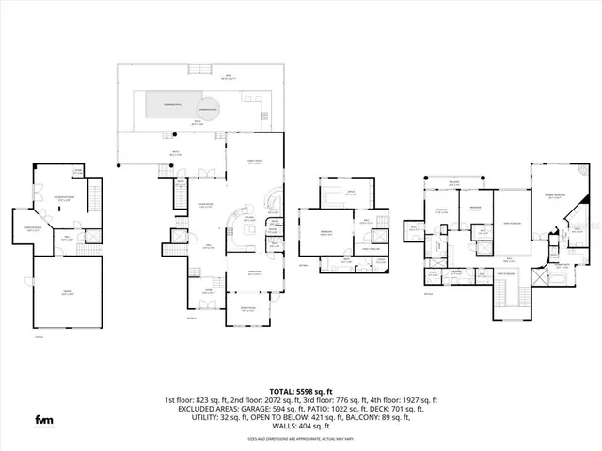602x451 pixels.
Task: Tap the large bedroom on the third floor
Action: click(325, 233)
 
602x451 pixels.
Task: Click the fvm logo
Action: click(44, 418)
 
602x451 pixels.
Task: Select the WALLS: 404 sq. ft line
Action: click(301, 428)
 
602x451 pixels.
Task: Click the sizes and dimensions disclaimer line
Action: click(301, 439)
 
